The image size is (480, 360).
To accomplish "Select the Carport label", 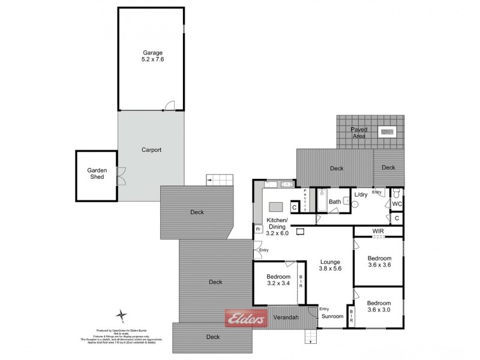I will [x=151, y=150].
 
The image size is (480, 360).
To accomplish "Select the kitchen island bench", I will [x=276, y=206].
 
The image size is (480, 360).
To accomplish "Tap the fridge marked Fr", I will [x=258, y=229].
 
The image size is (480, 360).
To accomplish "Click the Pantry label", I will [x=305, y=200].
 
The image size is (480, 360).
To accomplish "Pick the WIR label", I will [x=377, y=230].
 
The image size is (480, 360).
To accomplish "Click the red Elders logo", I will [x=245, y=320].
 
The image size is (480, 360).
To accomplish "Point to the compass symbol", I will [x=122, y=314].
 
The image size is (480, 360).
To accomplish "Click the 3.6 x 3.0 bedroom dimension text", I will [x=379, y=310].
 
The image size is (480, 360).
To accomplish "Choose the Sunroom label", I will [x=332, y=316].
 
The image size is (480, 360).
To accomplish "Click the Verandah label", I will [x=286, y=316].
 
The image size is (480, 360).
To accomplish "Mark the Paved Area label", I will [x=359, y=132].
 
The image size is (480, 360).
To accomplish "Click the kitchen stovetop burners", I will [x=286, y=184].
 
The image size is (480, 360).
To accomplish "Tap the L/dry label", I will [x=361, y=195].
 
